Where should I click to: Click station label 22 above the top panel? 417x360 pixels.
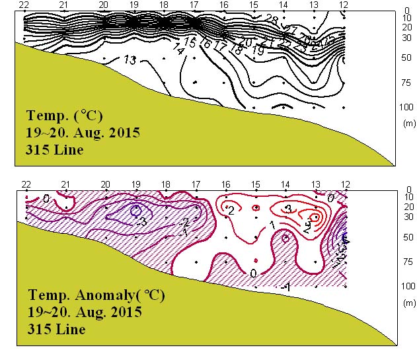[25, 5]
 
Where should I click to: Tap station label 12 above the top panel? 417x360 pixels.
[344, 5]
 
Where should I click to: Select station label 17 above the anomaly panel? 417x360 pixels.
[196, 184]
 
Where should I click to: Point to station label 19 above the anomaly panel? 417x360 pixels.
[135, 184]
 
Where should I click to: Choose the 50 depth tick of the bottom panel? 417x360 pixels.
[406, 237]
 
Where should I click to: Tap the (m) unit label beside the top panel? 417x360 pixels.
[407, 122]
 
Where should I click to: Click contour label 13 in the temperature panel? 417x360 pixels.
[130, 60]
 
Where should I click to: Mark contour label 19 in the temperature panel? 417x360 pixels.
[258, 50]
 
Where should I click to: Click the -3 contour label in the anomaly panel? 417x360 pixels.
[141, 223]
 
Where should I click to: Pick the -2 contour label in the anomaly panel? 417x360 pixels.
[187, 222]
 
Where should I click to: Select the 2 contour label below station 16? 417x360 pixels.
[231, 210]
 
